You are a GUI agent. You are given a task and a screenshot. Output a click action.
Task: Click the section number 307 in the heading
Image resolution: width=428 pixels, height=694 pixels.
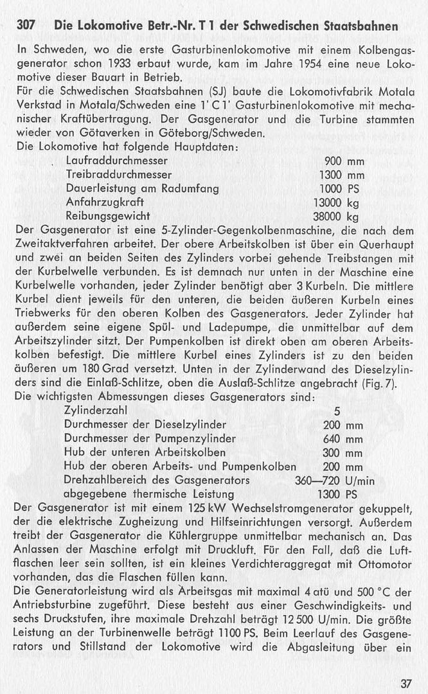[26, 26]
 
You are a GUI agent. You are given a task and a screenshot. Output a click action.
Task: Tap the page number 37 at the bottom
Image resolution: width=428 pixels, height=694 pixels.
[405, 682]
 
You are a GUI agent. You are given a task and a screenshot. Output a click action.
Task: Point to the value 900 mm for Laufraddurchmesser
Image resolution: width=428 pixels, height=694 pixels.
[344, 161]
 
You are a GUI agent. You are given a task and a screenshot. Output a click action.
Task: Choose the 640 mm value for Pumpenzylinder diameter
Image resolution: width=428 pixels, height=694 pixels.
[343, 438]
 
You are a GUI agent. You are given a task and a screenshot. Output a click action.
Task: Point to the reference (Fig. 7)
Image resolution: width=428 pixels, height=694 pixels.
[382, 384]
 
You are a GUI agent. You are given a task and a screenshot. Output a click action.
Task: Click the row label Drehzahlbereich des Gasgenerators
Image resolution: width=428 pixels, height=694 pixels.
[157, 480]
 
